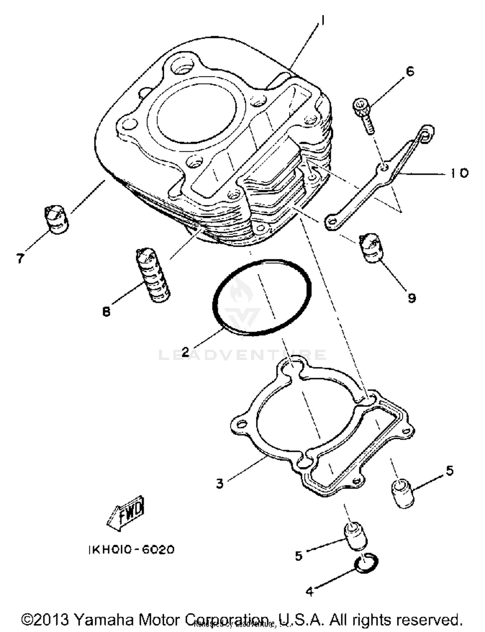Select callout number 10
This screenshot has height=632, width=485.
click(x=459, y=173)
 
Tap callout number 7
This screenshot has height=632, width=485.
click(x=20, y=258)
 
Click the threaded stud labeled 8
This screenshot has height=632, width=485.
click(x=152, y=275)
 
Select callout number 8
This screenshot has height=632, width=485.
click(x=106, y=312)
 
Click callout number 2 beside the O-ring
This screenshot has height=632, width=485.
click(x=185, y=351)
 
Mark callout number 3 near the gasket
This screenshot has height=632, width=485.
click(x=220, y=484)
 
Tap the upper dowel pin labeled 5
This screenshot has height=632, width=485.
click(x=403, y=494)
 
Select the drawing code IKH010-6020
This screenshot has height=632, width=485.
click(x=131, y=550)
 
